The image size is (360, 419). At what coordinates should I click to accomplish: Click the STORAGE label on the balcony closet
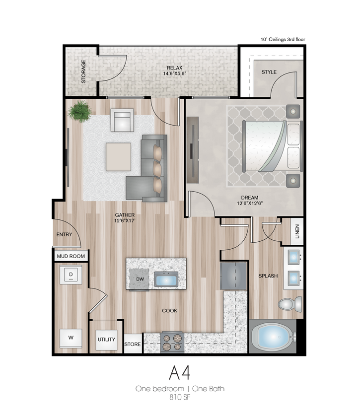click(x=83, y=71)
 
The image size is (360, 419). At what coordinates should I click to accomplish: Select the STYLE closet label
click(x=269, y=72)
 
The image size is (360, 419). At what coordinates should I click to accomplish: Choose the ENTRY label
click(x=65, y=235)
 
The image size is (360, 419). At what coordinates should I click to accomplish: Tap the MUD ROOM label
click(x=71, y=257)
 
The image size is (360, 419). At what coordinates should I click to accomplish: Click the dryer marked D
click(x=71, y=275)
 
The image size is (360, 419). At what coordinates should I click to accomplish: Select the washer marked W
click(x=71, y=338)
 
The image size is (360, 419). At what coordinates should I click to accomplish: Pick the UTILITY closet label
click(x=106, y=340)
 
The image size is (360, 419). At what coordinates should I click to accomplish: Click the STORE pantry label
click(x=133, y=344)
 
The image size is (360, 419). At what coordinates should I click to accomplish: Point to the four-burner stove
click(x=172, y=342)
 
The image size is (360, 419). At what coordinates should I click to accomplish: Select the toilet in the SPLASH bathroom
click(x=289, y=303)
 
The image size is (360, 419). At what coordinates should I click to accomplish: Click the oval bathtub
click(x=273, y=336)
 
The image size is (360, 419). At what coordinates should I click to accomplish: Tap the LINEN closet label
click(x=297, y=231)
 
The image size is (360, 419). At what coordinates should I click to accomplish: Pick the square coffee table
click(x=119, y=156)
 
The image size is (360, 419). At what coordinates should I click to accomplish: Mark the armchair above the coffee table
click(x=122, y=120)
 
